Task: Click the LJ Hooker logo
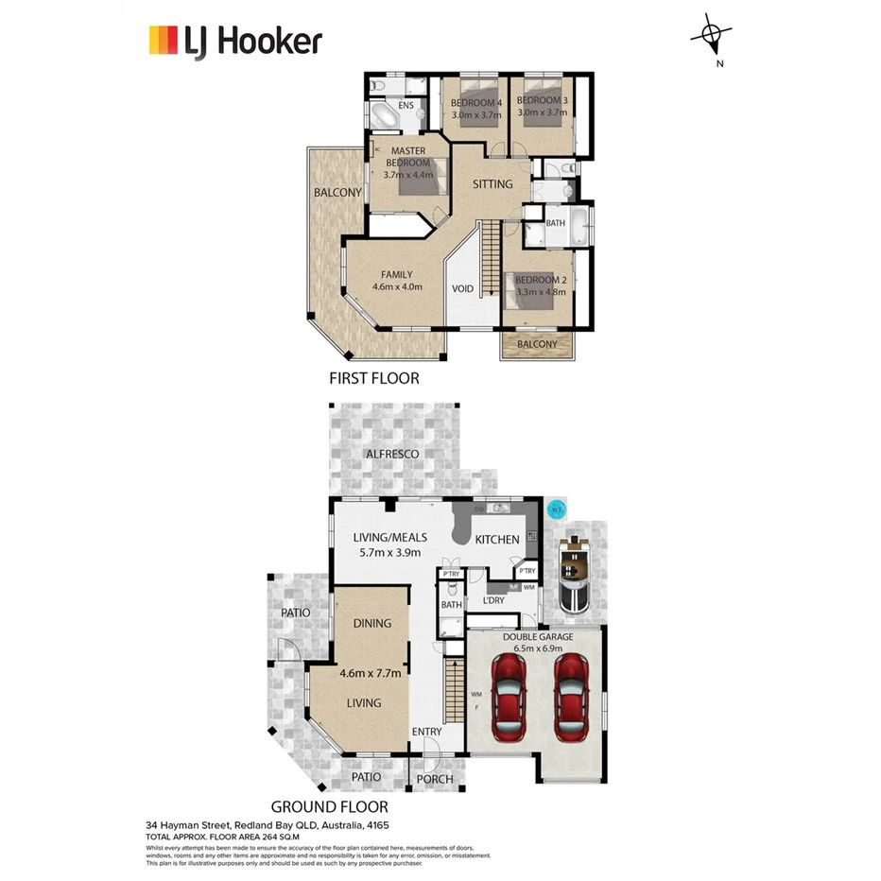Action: (235, 42)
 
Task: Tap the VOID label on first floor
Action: (462, 289)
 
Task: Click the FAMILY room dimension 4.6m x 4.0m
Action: (396, 286)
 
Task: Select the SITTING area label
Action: (492, 184)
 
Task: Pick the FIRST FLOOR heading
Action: (373, 378)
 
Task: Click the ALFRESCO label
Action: (392, 455)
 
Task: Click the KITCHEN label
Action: (496, 540)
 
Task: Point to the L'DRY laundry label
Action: (493, 601)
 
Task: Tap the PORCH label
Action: (435, 780)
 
